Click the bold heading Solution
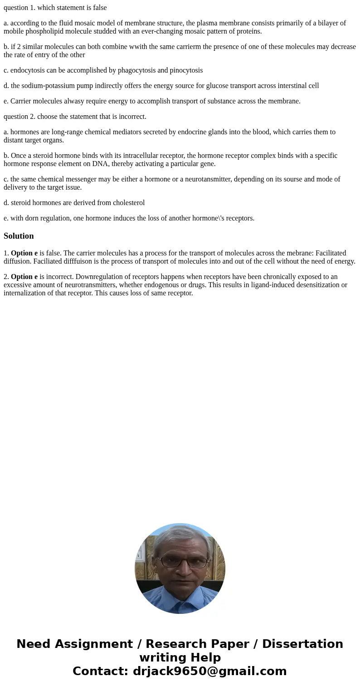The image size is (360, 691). coord(19,236)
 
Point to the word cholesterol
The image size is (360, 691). coord(128,203)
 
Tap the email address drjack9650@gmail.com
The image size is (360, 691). coord(209,671)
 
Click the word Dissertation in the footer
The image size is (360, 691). coord(302,644)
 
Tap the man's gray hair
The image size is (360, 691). coord(180,535)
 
